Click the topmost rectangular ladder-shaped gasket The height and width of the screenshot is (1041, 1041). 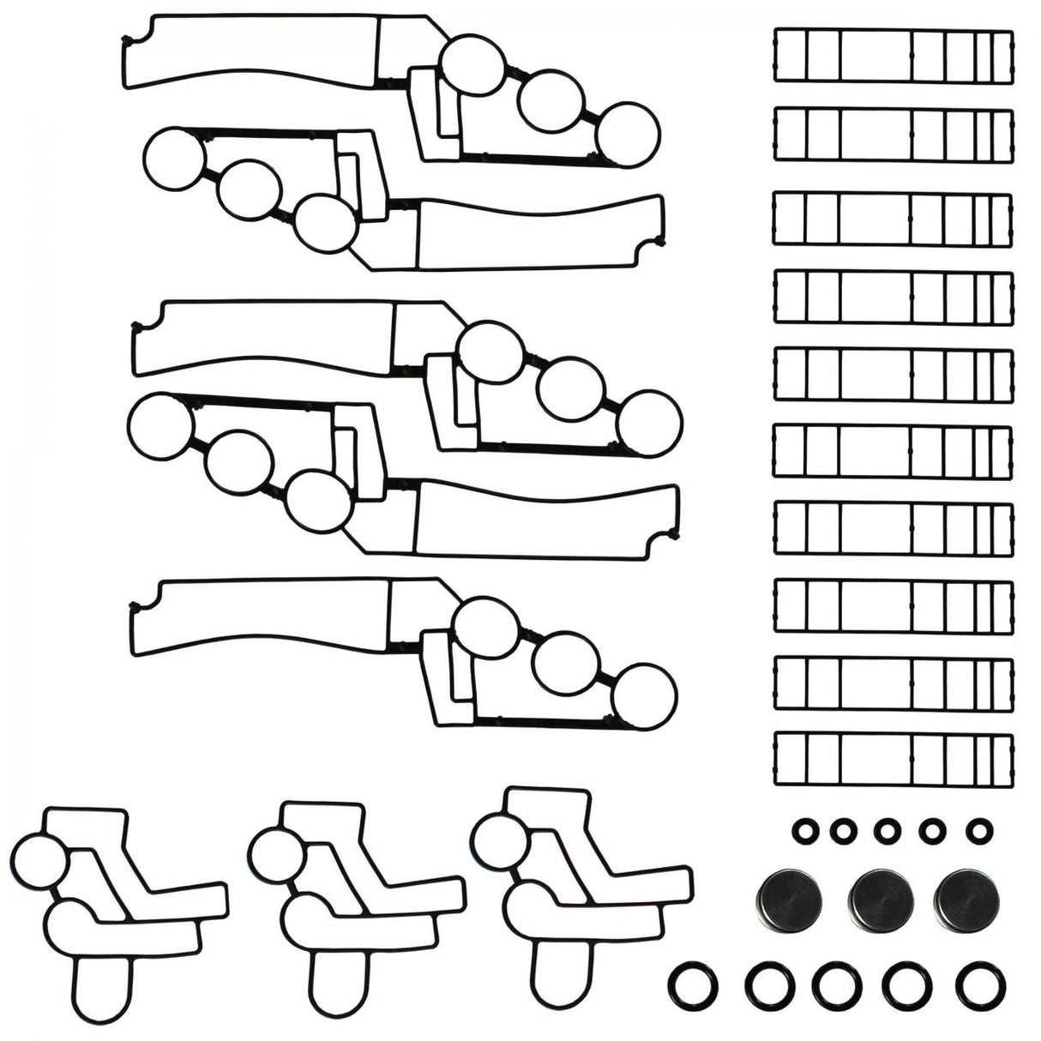(x=893, y=56)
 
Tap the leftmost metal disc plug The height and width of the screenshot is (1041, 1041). (x=789, y=899)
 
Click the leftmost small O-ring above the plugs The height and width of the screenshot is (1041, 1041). (x=803, y=830)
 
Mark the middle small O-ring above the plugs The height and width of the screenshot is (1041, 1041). (x=888, y=830)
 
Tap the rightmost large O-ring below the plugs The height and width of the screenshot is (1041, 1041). (x=981, y=986)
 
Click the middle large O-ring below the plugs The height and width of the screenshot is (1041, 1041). (x=836, y=986)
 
